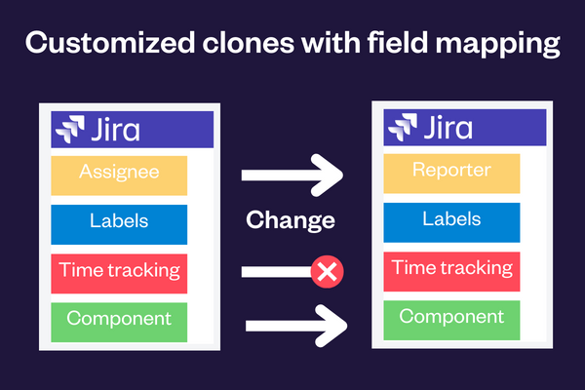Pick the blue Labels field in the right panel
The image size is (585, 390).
coord(451,220)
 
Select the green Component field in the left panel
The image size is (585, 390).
coord(119,320)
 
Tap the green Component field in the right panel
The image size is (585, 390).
coord(451,318)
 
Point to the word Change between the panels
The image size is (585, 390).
coord(291,220)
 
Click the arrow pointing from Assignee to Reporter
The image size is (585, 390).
coord(292,175)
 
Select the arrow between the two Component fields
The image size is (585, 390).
coord(292,322)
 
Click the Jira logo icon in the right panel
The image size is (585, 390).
coord(404,128)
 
